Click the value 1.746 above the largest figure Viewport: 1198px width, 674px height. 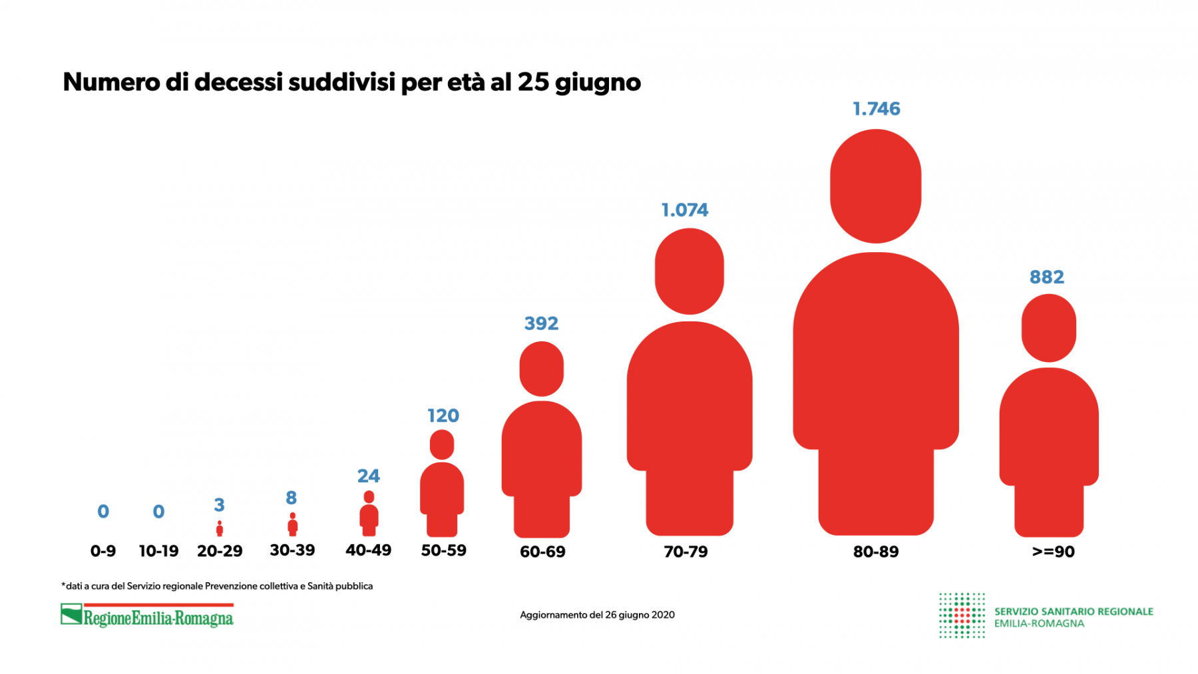click(x=876, y=108)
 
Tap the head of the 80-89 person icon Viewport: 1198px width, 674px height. click(x=875, y=186)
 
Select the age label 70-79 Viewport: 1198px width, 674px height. click(x=686, y=552)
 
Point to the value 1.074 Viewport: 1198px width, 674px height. click(x=684, y=210)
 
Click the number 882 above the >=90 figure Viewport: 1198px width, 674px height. click(x=1046, y=277)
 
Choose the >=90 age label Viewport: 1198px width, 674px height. click(x=1053, y=552)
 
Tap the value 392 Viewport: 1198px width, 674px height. click(x=541, y=323)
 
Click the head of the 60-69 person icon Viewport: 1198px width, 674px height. click(x=541, y=369)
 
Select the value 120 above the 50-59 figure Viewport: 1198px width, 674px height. click(x=443, y=416)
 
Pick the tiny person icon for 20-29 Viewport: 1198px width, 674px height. click(x=220, y=529)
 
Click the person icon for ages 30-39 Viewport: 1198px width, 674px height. click(x=292, y=525)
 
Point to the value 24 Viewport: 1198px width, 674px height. click(x=368, y=476)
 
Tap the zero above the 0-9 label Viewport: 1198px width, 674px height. click(x=103, y=512)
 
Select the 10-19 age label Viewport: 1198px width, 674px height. click(x=158, y=552)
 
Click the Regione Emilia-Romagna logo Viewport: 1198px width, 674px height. click(x=147, y=615)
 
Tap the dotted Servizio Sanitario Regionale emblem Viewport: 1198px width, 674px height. click(x=961, y=615)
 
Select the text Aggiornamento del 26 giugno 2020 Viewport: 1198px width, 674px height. click(x=597, y=615)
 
